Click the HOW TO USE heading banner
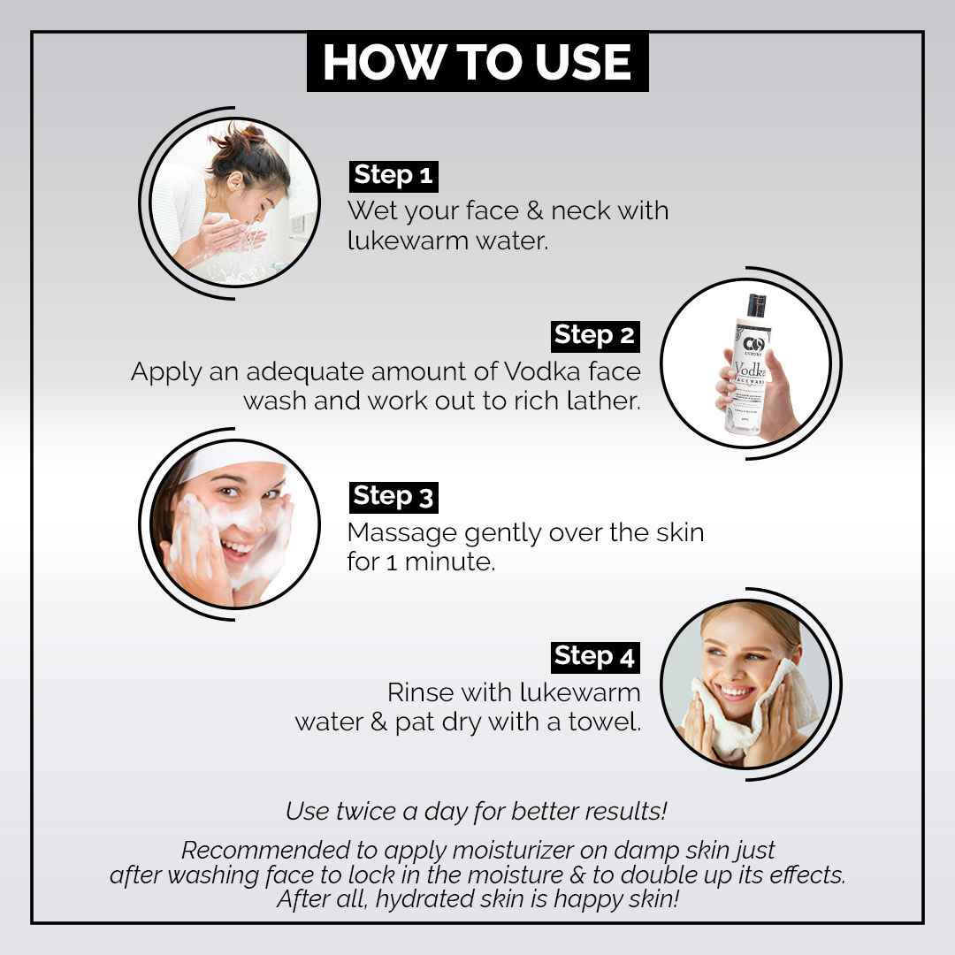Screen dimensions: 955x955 pos(477,62)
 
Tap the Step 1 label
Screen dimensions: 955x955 pos(393,176)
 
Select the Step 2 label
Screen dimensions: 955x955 pos(595,336)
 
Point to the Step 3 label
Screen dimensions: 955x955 pos(393,497)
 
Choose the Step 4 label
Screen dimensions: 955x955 pos(595,657)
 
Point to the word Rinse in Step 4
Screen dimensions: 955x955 pos(420,692)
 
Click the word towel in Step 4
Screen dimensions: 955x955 pos(604,722)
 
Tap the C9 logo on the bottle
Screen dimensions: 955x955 pos(753,346)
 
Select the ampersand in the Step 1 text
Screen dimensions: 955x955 pos(535,210)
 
